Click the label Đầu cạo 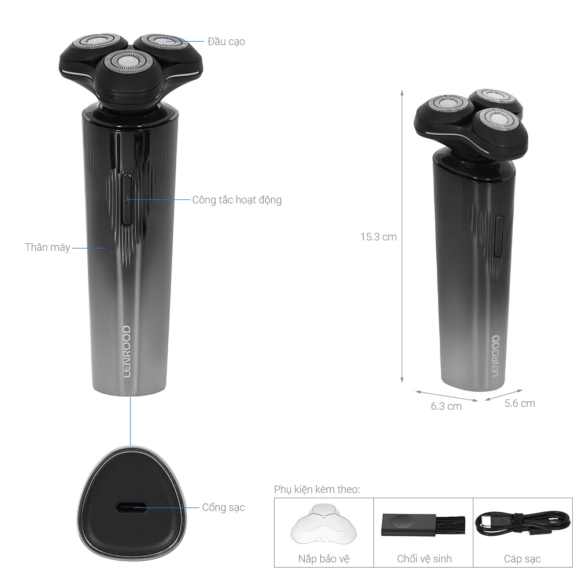click(x=226, y=42)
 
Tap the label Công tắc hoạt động click(x=236, y=200)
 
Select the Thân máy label click(x=47, y=247)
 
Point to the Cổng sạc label click(x=223, y=507)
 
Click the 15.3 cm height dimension click(x=378, y=236)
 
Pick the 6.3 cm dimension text click(x=446, y=406)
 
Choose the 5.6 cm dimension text click(x=520, y=403)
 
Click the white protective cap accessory click(x=323, y=524)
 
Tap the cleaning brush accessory click(x=424, y=525)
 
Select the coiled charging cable click(x=523, y=524)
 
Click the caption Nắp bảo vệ click(x=324, y=559)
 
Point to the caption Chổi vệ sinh click(x=424, y=559)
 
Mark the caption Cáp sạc click(x=522, y=559)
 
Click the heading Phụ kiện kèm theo click(x=317, y=490)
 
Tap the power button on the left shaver click(x=127, y=199)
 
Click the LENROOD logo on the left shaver click(x=127, y=351)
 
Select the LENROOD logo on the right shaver click(x=496, y=355)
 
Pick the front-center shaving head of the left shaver click(x=128, y=62)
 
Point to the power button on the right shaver click(x=498, y=236)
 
